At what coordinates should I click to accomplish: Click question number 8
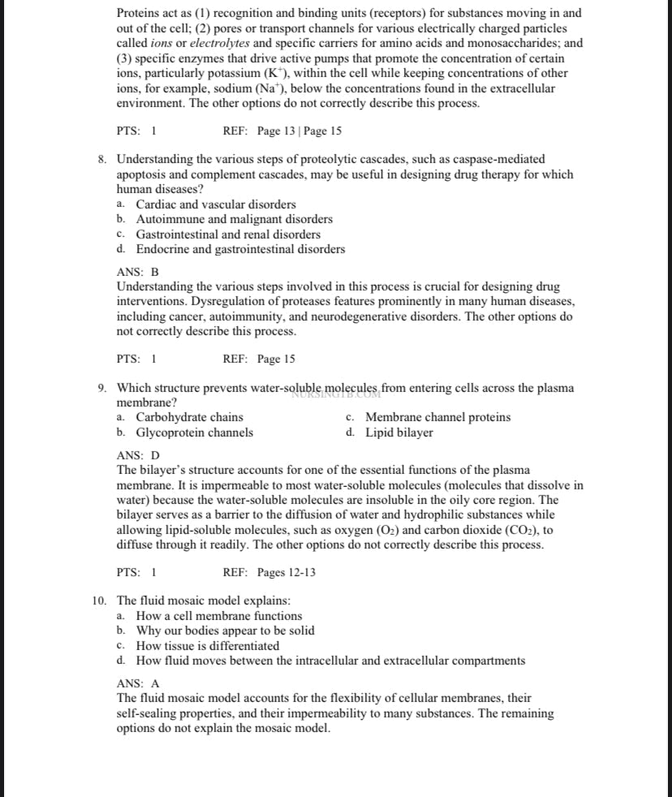pyautogui.click(x=101, y=159)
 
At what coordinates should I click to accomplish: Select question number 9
pyautogui.click(x=101, y=388)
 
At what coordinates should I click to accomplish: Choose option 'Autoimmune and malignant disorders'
pyautogui.click(x=234, y=219)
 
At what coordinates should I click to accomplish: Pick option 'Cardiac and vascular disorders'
pyautogui.click(x=216, y=205)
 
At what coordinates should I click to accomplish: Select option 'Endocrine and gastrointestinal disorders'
pyautogui.click(x=240, y=249)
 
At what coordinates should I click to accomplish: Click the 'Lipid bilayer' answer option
pyautogui.click(x=399, y=433)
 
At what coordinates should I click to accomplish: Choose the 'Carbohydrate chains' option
pyautogui.click(x=189, y=417)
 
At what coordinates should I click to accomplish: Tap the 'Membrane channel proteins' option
pyautogui.click(x=437, y=417)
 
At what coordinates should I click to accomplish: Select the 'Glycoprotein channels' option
pyautogui.click(x=194, y=433)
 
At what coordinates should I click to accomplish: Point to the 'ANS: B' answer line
pyautogui.click(x=138, y=272)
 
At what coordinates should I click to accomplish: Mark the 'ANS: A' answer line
pyautogui.click(x=139, y=683)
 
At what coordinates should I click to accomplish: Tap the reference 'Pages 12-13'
pyautogui.click(x=286, y=572)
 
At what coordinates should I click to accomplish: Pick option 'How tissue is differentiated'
pyautogui.click(x=207, y=646)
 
